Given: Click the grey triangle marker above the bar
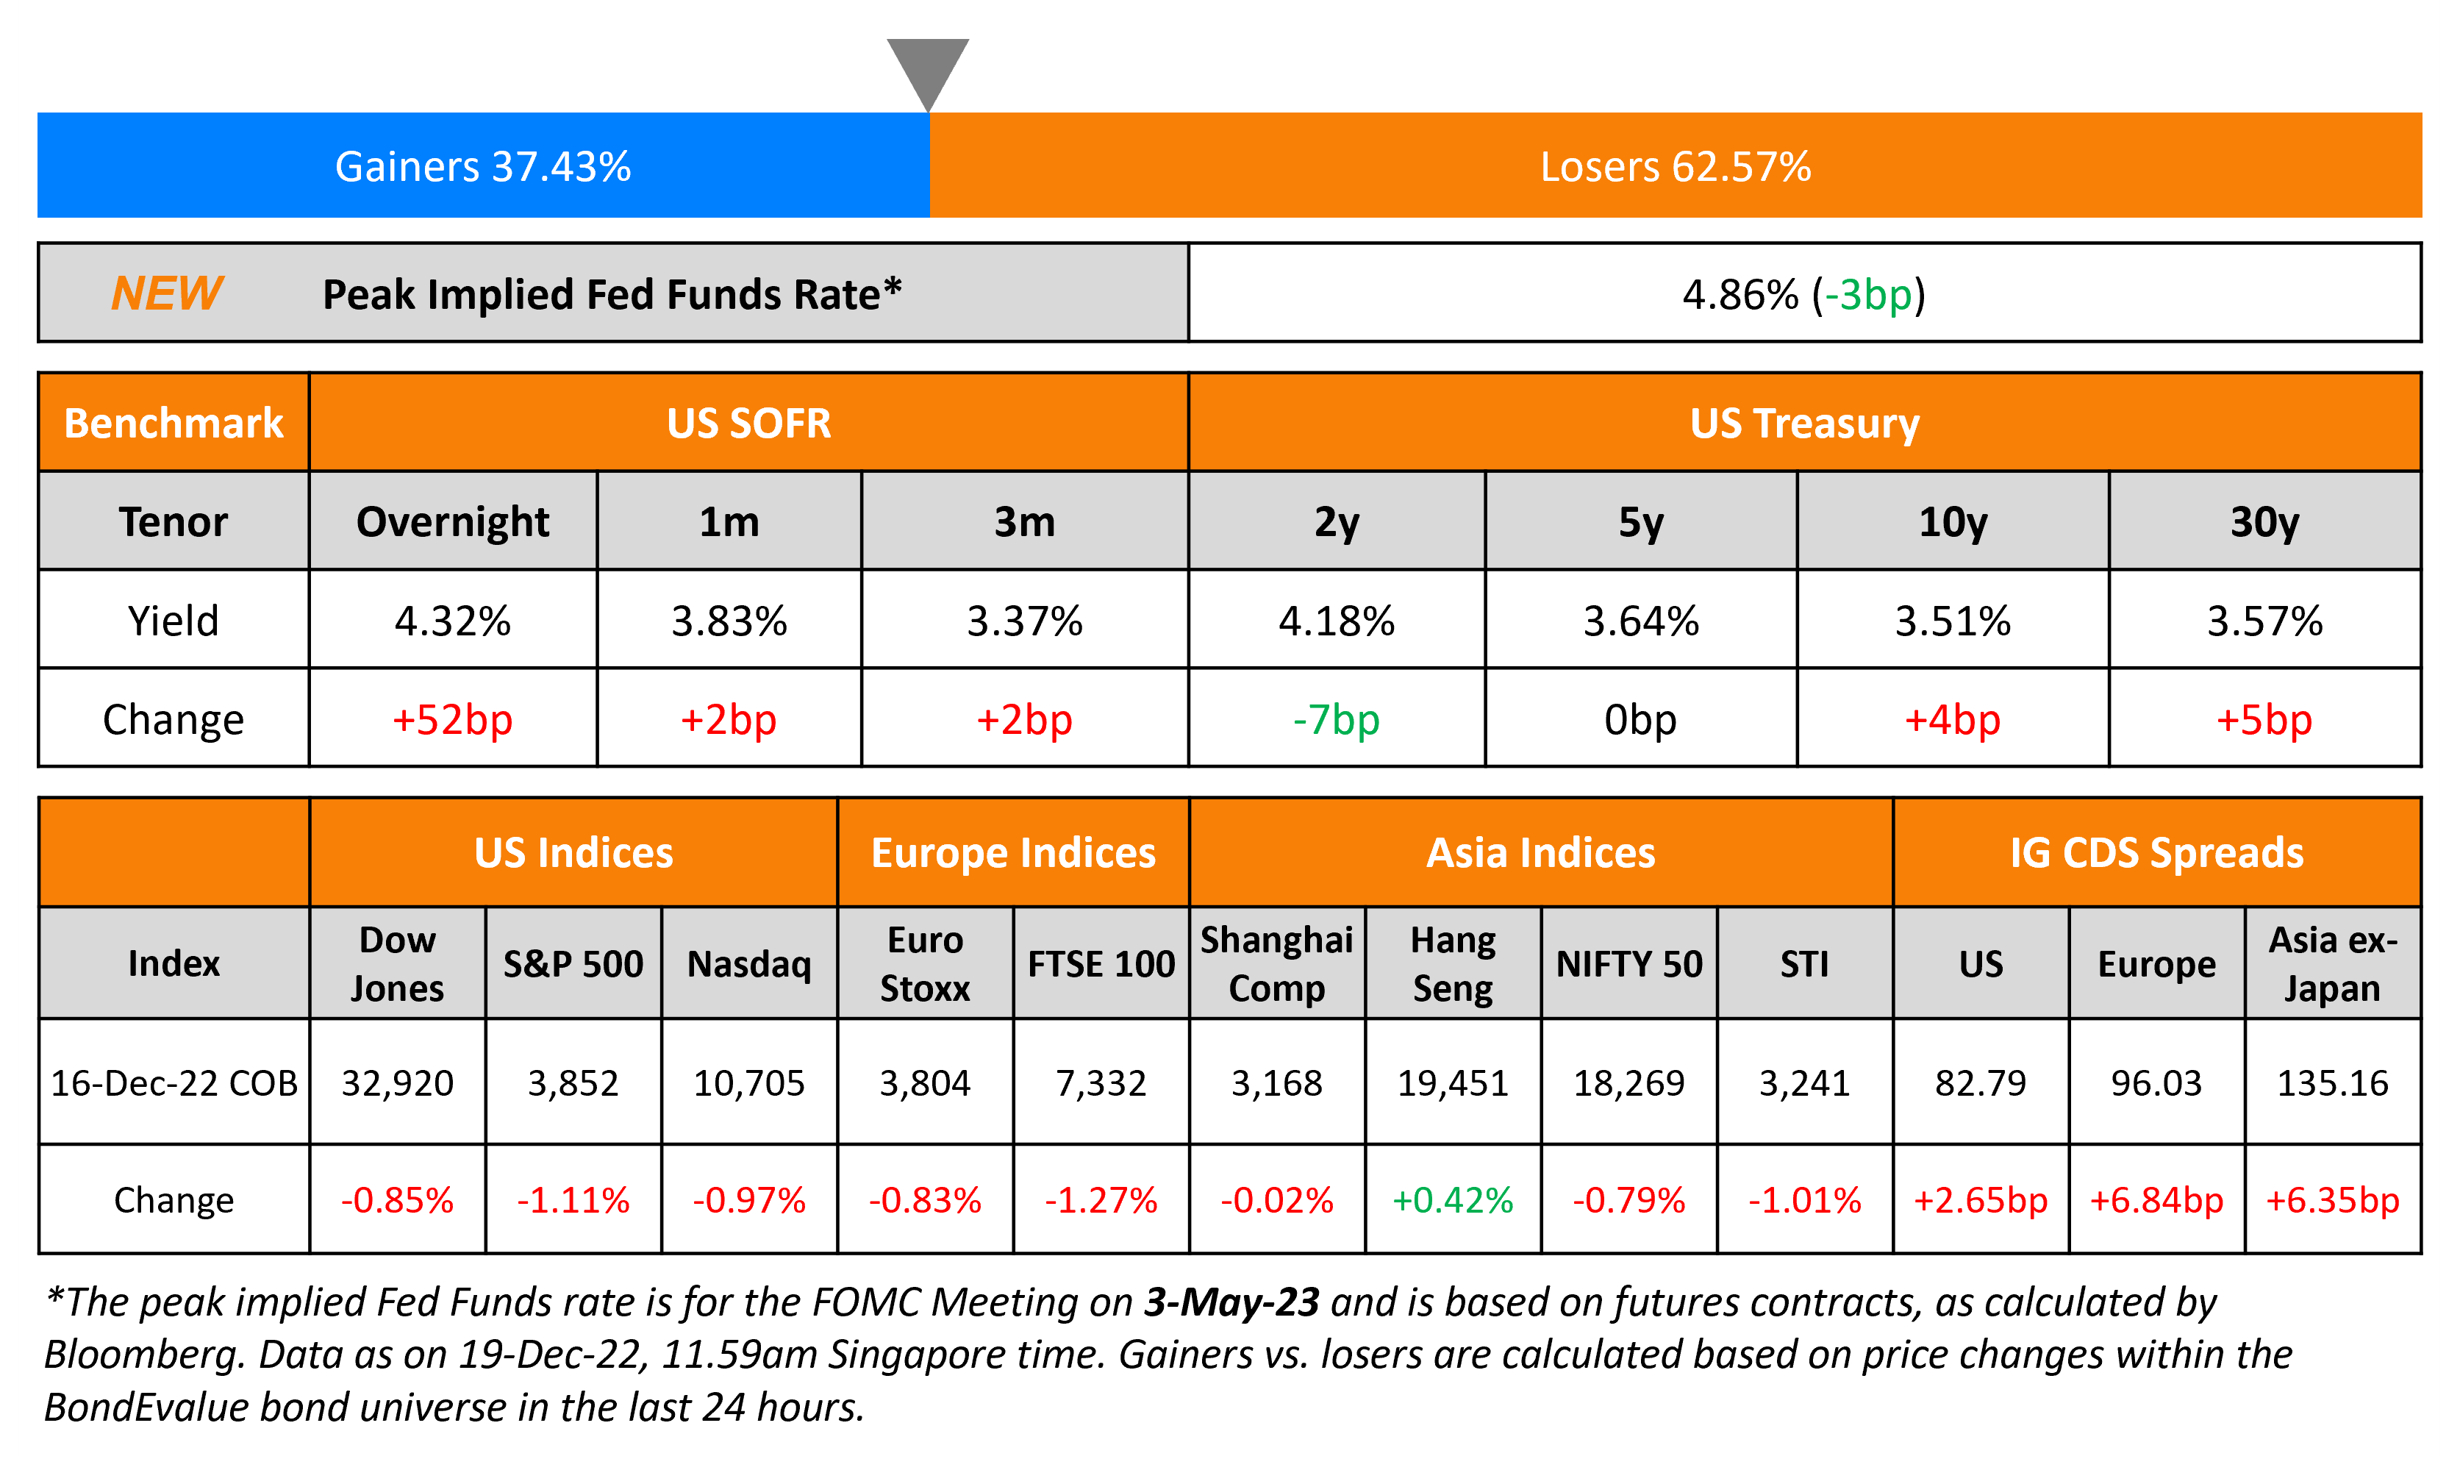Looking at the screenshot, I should (x=928, y=69).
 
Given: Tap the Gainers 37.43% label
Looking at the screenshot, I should (x=482, y=167).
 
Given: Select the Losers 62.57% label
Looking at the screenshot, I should (x=1675, y=167).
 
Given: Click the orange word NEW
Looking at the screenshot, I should (x=167, y=293).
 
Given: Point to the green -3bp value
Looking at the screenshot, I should (x=1864, y=295).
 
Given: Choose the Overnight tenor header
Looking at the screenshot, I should (x=452, y=522).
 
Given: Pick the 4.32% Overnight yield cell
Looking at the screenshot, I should (x=452, y=621).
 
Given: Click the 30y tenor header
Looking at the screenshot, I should (x=2264, y=522).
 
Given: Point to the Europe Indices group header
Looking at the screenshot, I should (x=1012, y=852).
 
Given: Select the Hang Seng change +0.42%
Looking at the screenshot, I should (x=1453, y=1200).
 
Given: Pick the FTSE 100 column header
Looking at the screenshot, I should (x=1101, y=963).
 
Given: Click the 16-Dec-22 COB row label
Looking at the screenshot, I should (x=174, y=1083).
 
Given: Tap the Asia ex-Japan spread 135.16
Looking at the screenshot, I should (x=2332, y=1083).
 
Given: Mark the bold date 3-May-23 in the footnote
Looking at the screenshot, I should (x=1231, y=1302).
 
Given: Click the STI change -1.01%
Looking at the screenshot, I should (x=1804, y=1200).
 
